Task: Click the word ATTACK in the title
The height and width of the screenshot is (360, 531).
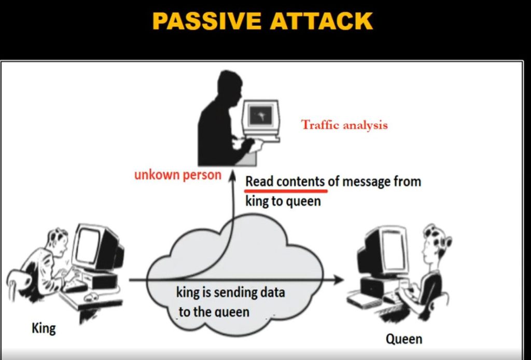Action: (x=322, y=21)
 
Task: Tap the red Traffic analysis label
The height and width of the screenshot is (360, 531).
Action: (x=344, y=124)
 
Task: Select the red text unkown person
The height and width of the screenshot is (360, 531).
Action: (x=177, y=175)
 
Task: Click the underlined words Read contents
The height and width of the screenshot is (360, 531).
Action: (x=285, y=182)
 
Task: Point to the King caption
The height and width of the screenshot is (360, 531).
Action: (x=44, y=328)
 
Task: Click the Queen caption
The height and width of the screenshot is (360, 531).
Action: (x=403, y=339)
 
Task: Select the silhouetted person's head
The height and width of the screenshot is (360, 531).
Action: (x=230, y=88)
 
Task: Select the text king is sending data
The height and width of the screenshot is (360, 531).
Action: (x=230, y=292)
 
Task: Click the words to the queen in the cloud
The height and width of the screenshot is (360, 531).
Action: (x=214, y=312)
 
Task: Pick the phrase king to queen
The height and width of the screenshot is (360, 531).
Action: (x=283, y=201)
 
